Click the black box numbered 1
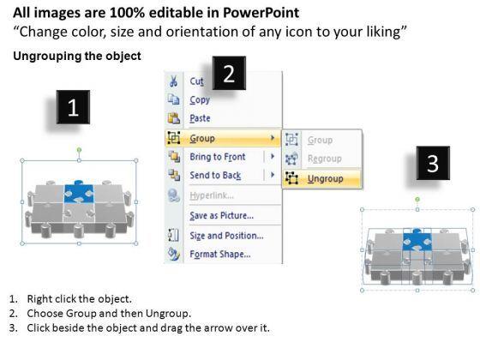[x=73, y=107]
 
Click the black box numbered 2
[x=229, y=73]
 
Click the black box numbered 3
[x=433, y=163]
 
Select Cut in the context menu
[x=196, y=81]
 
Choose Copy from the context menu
[x=200, y=100]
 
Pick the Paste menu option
[x=200, y=118]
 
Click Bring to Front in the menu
[x=218, y=157]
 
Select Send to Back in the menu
[x=215, y=176]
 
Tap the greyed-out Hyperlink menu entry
[x=212, y=195]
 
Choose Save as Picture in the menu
[x=222, y=215]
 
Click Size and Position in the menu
[x=226, y=236]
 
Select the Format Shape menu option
[x=220, y=254]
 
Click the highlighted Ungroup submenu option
[x=325, y=178]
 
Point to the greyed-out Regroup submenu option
[x=325, y=159]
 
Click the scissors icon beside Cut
[x=173, y=81]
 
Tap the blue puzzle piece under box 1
[x=79, y=194]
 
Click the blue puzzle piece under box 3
[x=417, y=240]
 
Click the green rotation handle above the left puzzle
[x=79, y=150]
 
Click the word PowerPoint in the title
[x=261, y=13]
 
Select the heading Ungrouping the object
[x=77, y=56]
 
